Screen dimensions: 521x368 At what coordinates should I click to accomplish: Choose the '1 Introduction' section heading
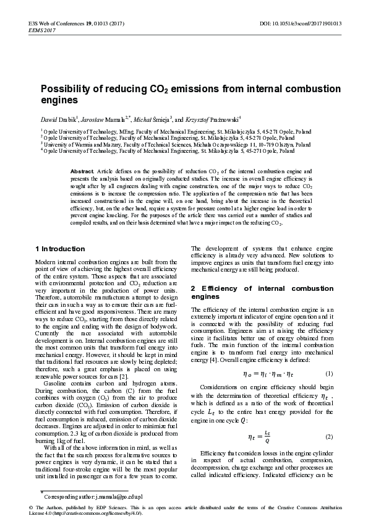click(59, 248)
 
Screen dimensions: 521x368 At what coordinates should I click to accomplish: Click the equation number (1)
click(329, 374)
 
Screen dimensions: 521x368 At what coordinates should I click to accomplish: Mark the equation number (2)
click(329, 436)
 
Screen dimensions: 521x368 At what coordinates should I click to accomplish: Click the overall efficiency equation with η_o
click(262, 374)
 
